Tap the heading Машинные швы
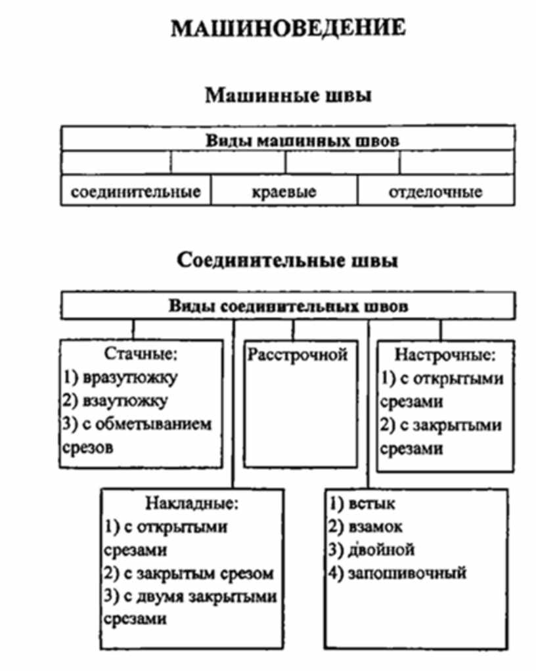tap(288, 96)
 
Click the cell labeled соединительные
tap(135, 192)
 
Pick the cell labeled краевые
tap(284, 192)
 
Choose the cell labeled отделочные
tap(435, 192)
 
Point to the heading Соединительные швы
tap(288, 261)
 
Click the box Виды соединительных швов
tap(288, 306)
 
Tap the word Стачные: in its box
tap(141, 355)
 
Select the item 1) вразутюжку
tap(121, 378)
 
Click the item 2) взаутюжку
tap(116, 400)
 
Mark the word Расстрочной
tap(298, 355)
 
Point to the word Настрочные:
tap(445, 355)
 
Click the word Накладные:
tap(191, 504)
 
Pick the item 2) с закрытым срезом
tap(188, 573)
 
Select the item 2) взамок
tap(366, 527)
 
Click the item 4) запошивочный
tap(397, 573)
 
